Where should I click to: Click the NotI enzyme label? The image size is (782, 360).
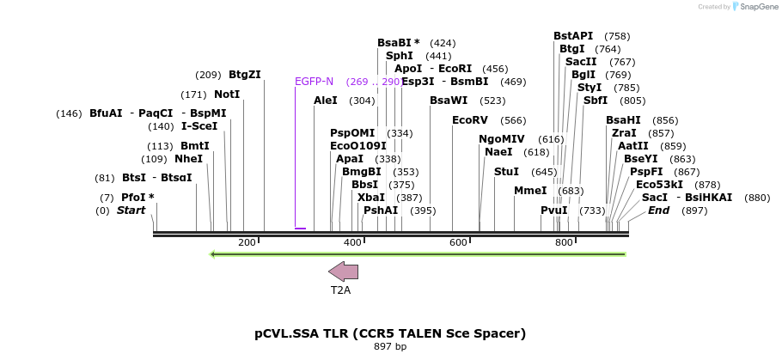[227, 95]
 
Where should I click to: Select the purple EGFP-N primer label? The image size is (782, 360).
[314, 82]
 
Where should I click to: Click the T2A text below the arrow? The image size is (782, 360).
[341, 290]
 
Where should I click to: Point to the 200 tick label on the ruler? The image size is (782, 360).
[247, 243]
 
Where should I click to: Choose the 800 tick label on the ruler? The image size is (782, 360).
[564, 243]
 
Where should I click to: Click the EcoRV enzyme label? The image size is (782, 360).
[470, 120]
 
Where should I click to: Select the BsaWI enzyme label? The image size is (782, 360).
[448, 101]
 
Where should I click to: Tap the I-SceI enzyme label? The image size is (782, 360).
[199, 126]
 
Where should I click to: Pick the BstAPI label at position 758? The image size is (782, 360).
[573, 36]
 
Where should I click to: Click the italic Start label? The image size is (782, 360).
[131, 211]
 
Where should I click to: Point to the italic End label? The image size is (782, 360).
[659, 211]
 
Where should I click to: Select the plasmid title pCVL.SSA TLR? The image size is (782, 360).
[390, 333]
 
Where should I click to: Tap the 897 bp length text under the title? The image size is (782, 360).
[390, 347]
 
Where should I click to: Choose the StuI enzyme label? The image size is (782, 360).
[506, 172]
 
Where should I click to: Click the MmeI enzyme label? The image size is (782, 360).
[530, 191]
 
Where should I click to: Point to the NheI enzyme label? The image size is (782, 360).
[189, 159]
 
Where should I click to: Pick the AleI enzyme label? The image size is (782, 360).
[326, 101]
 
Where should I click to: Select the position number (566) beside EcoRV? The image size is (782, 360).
[514, 120]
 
